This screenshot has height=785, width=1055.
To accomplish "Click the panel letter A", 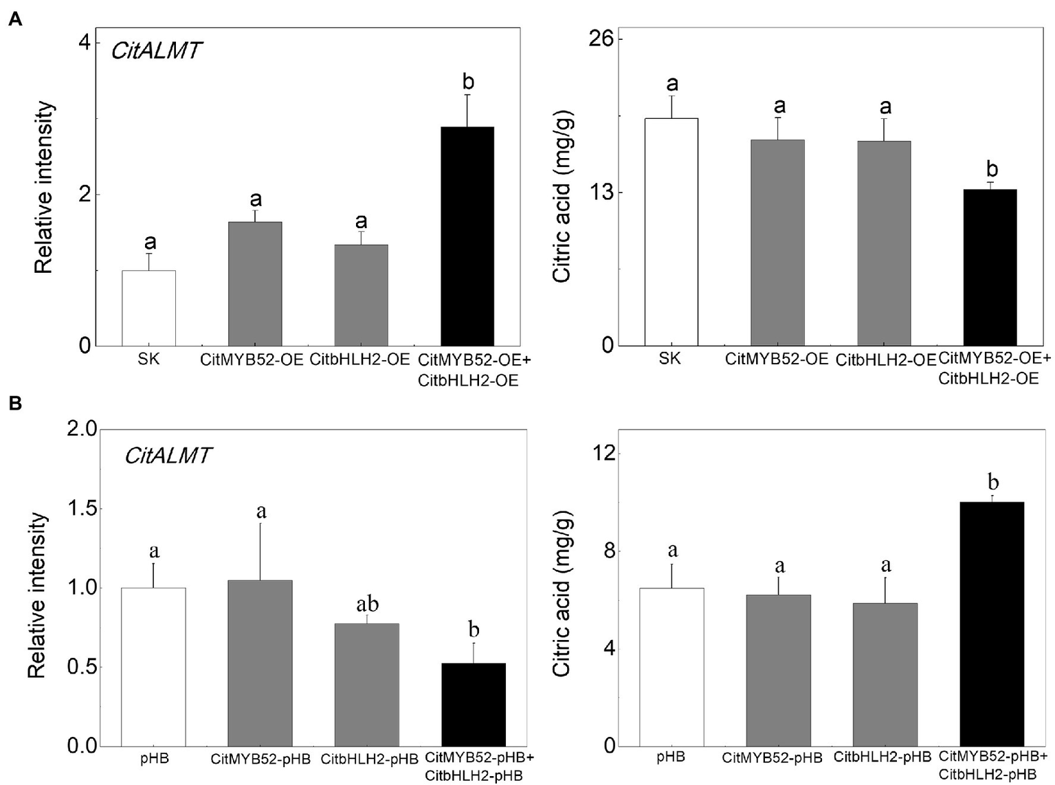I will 14,20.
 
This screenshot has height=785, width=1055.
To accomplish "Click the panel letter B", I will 14,403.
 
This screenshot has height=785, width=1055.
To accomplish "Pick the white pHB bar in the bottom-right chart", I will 671,667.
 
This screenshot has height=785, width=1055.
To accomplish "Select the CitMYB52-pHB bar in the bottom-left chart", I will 260,663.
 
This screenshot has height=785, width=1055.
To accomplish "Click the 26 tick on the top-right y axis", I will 606,39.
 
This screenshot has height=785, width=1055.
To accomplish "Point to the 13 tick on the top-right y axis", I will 606,192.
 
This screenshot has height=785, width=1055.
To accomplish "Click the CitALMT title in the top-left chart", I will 157,50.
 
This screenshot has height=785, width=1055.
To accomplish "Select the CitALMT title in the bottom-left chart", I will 168,456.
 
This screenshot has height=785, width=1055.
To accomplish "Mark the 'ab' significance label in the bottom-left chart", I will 367,604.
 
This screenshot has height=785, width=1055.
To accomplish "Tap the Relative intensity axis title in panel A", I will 44,187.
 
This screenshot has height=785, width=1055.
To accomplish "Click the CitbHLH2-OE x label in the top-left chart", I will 359,359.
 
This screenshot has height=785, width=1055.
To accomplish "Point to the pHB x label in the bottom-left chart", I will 153,759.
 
